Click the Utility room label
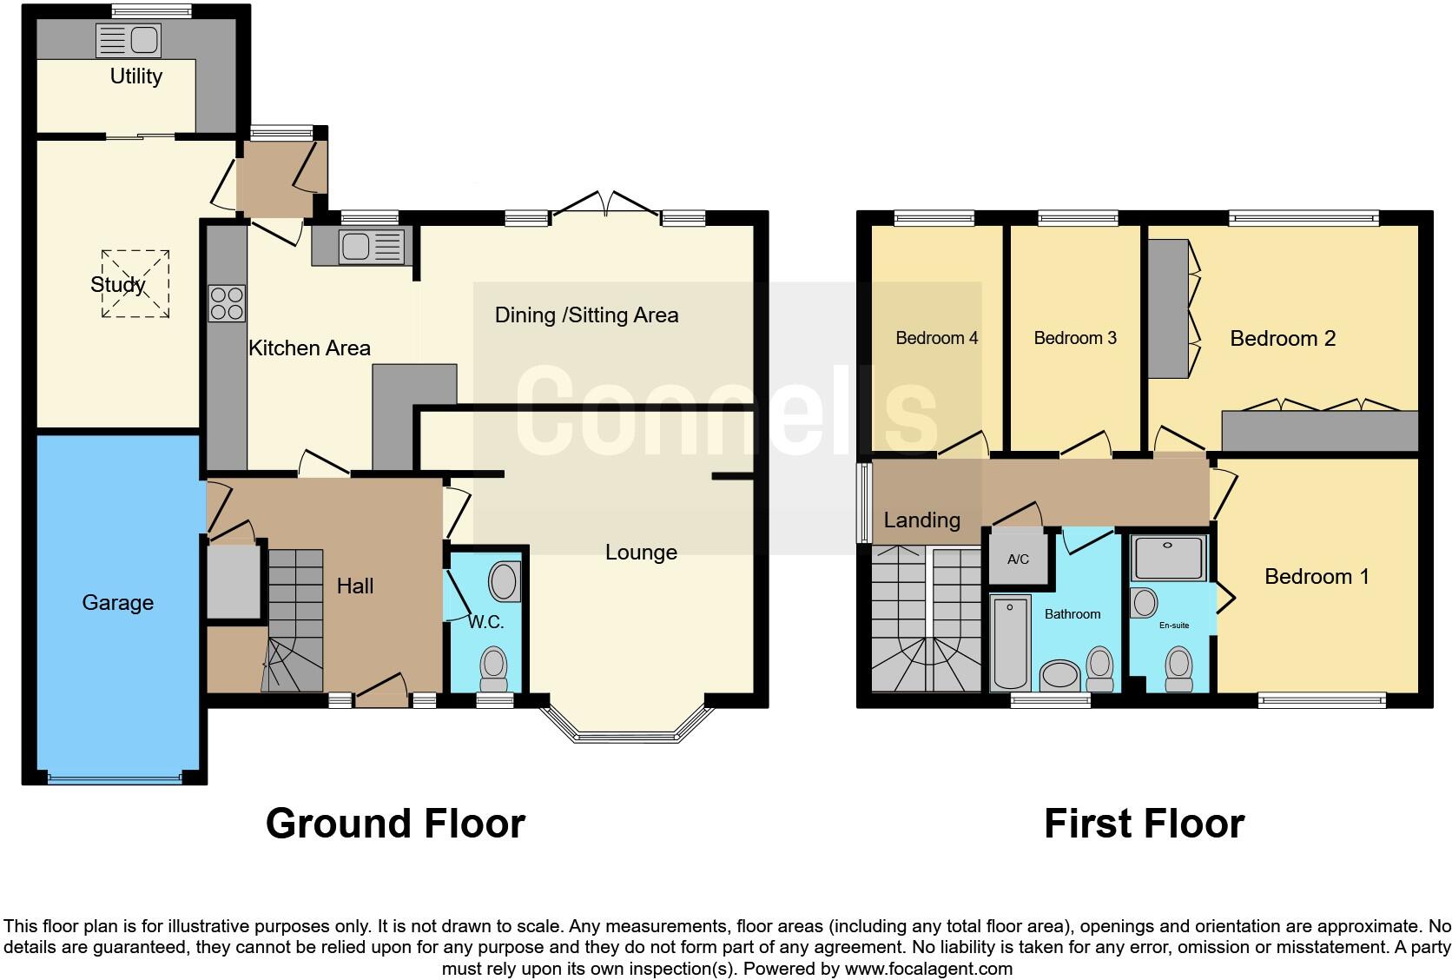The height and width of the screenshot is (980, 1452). pyautogui.click(x=136, y=76)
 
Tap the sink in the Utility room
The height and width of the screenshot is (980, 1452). pyautogui.click(x=129, y=40)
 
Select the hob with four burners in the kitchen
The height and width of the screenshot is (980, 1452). pyautogui.click(x=227, y=303)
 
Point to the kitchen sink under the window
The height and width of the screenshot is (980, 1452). pyautogui.click(x=372, y=247)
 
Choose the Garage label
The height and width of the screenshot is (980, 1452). pyautogui.click(x=118, y=603)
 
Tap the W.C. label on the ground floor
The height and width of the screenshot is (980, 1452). pyautogui.click(x=486, y=622)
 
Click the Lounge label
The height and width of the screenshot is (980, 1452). pyautogui.click(x=641, y=552)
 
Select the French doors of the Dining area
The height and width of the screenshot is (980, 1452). pyautogui.click(x=605, y=203)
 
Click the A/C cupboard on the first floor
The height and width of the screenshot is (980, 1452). pyautogui.click(x=1019, y=560)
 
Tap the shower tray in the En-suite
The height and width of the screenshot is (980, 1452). pyautogui.click(x=1169, y=558)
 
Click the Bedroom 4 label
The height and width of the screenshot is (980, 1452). pyautogui.click(x=937, y=338)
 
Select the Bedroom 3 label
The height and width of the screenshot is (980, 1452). pyautogui.click(x=1075, y=338)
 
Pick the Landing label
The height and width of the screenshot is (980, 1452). pyautogui.click(x=921, y=520)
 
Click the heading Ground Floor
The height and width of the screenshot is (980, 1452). pyautogui.click(x=395, y=824)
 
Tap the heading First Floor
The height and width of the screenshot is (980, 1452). pyautogui.click(x=1144, y=824)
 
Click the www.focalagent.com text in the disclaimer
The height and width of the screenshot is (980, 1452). pyautogui.click(x=928, y=969)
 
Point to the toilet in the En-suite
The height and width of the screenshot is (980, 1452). pyautogui.click(x=1178, y=669)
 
